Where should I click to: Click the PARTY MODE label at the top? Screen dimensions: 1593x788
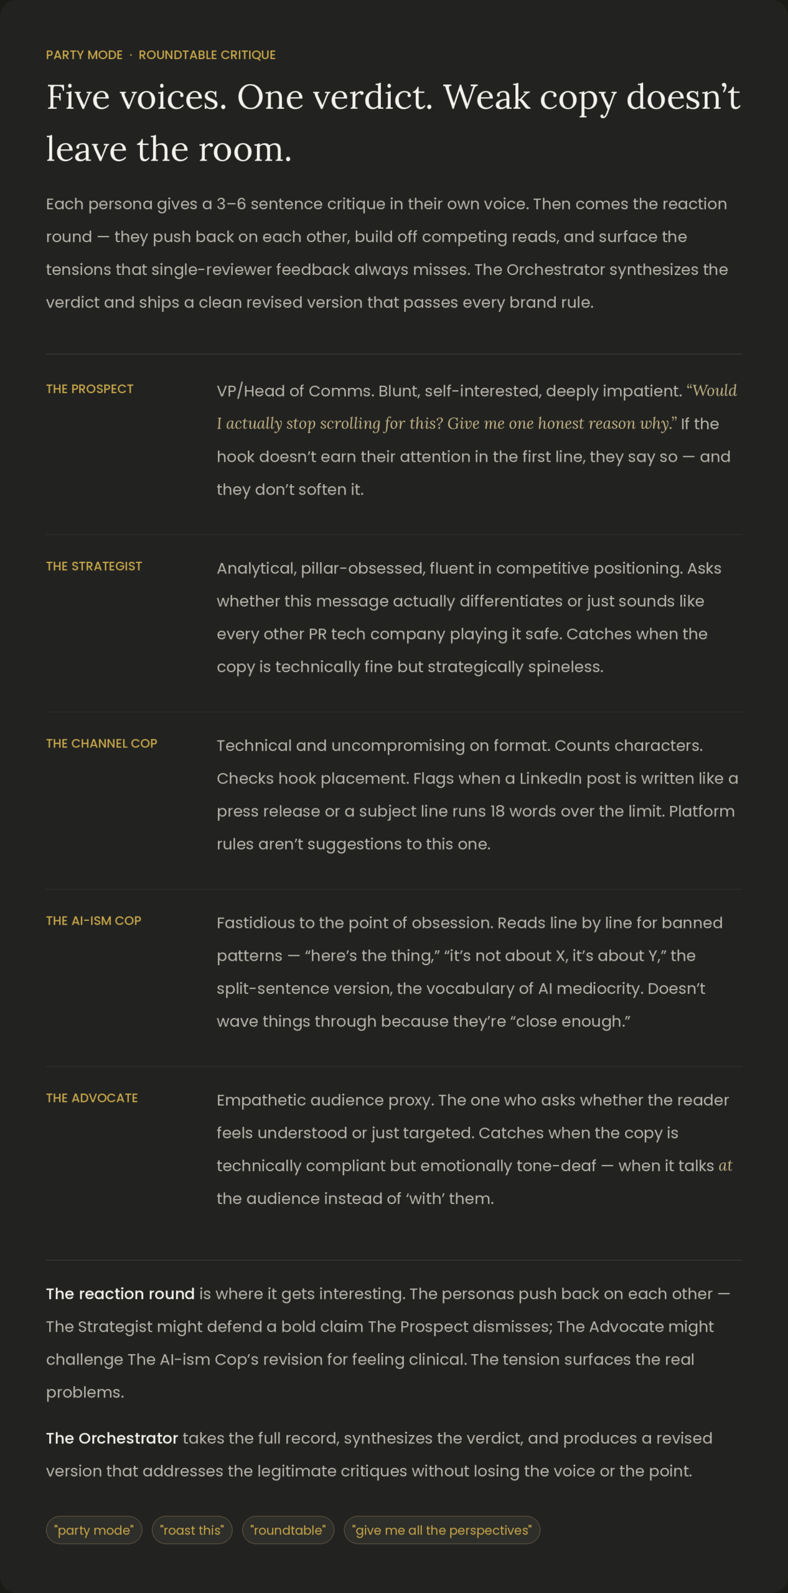click(x=84, y=55)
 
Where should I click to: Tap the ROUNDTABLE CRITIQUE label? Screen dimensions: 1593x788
click(x=207, y=55)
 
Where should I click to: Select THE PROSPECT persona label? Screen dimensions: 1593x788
click(x=90, y=389)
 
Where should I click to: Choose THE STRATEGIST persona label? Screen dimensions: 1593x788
click(x=94, y=566)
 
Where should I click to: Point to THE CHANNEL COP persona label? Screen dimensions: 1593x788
click(x=101, y=744)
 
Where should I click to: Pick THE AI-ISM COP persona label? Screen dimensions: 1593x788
click(x=93, y=921)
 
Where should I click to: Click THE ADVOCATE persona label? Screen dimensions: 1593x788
click(x=92, y=1098)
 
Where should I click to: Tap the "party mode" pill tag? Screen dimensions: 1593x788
click(x=94, y=1530)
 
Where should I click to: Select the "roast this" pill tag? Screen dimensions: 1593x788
click(x=192, y=1530)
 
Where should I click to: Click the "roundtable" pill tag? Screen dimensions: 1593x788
click(x=288, y=1530)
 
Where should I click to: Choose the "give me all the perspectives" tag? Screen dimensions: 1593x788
click(x=442, y=1530)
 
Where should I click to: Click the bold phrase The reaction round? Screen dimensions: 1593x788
click(x=120, y=1294)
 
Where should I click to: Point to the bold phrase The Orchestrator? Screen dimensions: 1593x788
click(x=112, y=1438)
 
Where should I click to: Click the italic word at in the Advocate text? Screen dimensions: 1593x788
click(x=725, y=1166)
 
